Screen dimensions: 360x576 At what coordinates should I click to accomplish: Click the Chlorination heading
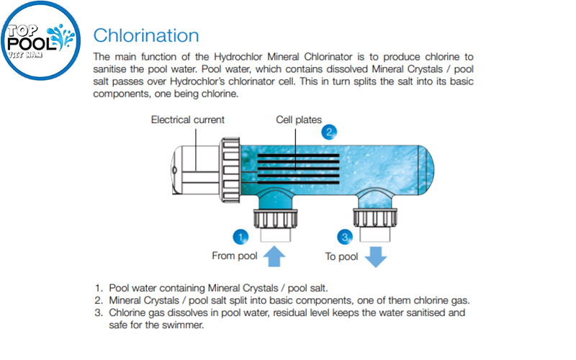[146, 35]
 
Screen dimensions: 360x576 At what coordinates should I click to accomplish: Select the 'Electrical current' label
[187, 120]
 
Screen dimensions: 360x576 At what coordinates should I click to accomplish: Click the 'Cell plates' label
[299, 120]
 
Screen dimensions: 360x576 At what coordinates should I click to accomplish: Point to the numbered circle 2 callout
[329, 131]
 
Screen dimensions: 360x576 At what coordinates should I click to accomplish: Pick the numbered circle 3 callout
[346, 236]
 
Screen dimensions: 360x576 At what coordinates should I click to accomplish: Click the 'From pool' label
[235, 256]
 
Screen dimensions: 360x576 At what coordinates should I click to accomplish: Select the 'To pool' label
[341, 256]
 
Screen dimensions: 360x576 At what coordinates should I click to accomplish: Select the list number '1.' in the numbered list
[99, 287]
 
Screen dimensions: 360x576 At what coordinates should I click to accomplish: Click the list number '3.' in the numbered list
[99, 313]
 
